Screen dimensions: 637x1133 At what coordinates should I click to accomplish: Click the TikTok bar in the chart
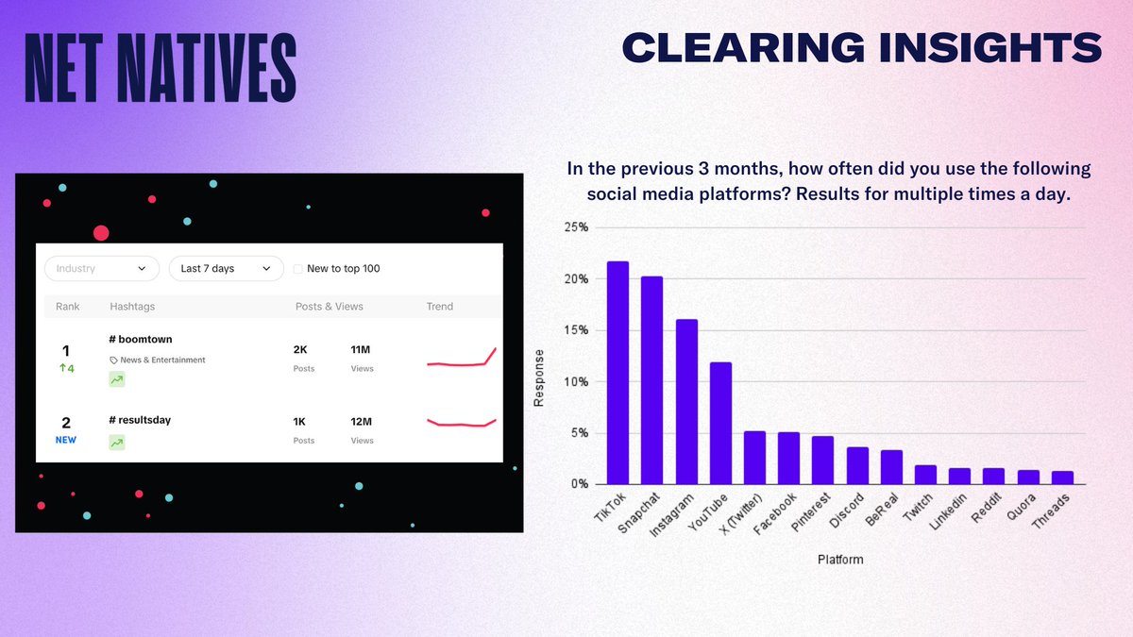point(617,373)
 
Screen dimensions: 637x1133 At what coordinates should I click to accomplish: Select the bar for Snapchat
point(651,380)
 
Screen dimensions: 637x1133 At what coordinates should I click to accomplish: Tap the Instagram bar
point(686,402)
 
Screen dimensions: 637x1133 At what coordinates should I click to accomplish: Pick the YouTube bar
point(720,423)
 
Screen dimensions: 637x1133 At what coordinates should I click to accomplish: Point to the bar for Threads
point(1062,478)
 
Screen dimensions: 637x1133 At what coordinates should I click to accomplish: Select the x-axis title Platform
point(839,560)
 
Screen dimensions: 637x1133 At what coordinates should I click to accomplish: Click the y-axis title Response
point(539,378)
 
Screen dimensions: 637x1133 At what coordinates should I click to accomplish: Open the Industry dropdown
point(101,269)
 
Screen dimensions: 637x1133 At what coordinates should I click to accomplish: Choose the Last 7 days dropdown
point(226,269)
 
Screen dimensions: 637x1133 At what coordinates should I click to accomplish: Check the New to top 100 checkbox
point(298,269)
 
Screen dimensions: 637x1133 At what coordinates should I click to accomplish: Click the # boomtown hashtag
point(141,339)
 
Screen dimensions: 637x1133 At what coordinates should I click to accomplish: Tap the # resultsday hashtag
point(140,420)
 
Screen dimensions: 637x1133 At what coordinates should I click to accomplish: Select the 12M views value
point(362,422)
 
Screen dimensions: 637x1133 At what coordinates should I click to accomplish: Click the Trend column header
point(440,307)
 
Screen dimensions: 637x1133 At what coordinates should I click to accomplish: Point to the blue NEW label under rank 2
point(65,440)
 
